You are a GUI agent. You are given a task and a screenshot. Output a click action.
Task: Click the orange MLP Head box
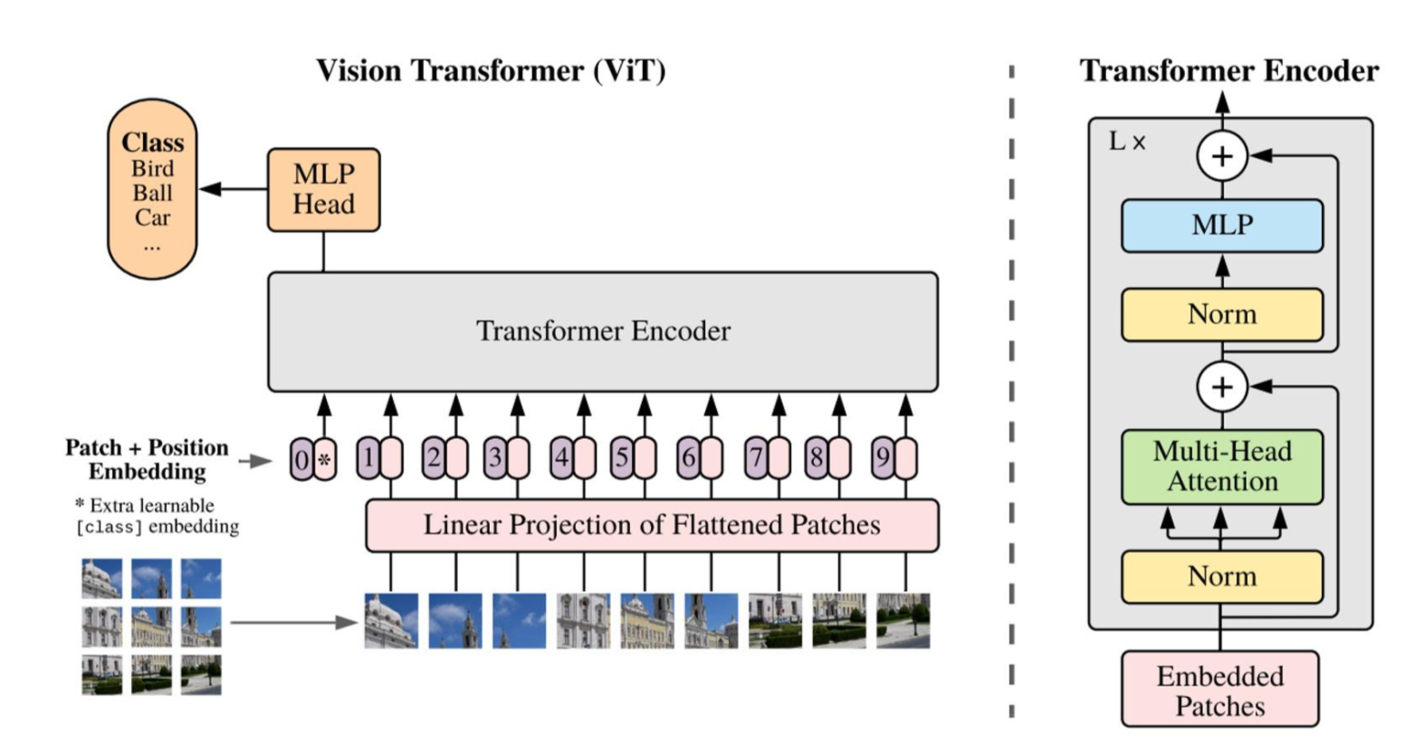coord(323,189)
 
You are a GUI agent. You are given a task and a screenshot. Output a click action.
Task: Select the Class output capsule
coord(152,189)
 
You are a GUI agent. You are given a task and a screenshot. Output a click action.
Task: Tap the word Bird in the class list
coord(153,168)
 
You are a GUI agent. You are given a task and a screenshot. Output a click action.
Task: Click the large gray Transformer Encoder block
coord(603,331)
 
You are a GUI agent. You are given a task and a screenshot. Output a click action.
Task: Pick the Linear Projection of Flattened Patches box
coord(652,525)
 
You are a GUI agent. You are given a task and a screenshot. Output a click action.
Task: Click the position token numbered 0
coord(302,459)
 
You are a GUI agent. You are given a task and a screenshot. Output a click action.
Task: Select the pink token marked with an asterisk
coord(325,459)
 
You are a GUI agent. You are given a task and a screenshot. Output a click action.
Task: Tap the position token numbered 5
coord(622,458)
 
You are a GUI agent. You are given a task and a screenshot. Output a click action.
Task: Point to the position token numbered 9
coord(883,458)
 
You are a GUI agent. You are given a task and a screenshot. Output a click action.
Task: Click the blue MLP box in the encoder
coord(1222,225)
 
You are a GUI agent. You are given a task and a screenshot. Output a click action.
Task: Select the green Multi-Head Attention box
coord(1222,467)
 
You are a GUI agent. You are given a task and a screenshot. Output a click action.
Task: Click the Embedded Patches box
coord(1220,689)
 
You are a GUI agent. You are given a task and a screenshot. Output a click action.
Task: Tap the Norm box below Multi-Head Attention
coord(1222,576)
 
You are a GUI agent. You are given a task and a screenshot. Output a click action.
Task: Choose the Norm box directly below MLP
coord(1222,315)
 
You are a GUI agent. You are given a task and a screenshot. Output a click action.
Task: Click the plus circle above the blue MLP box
coord(1222,156)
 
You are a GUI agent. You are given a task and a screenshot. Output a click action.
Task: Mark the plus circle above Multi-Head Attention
coord(1222,386)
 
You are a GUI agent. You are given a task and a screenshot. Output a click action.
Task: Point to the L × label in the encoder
coord(1126,141)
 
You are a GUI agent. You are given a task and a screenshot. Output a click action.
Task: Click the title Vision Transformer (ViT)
coord(491,71)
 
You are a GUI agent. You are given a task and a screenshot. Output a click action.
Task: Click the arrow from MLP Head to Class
coord(234,189)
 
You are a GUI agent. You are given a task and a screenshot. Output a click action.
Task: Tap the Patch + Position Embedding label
coord(147,459)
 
